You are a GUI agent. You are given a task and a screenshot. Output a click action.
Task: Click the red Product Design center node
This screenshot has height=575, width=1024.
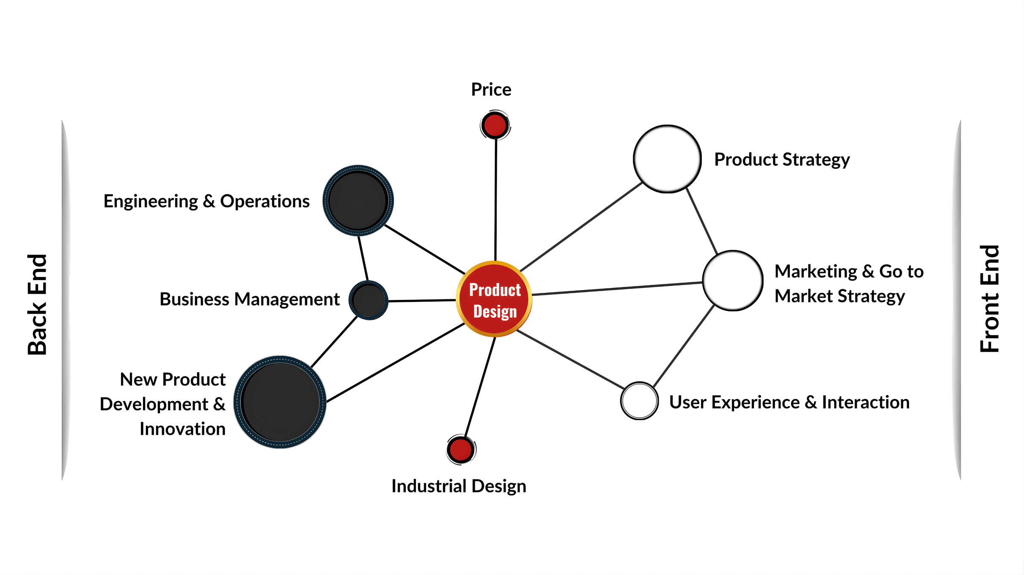[x=494, y=299]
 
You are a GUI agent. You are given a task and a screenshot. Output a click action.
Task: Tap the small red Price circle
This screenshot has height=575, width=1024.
[x=495, y=125]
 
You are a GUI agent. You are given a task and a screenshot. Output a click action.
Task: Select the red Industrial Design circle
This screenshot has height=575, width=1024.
[x=461, y=450]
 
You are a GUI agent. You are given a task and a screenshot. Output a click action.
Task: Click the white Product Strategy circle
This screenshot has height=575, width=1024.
[x=667, y=159]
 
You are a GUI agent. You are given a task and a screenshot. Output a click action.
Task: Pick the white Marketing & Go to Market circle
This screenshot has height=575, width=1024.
[x=733, y=280]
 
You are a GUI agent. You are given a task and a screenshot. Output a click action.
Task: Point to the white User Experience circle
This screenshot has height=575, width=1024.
[x=639, y=401]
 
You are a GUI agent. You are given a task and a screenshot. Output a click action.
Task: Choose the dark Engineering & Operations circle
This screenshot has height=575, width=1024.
[x=358, y=201]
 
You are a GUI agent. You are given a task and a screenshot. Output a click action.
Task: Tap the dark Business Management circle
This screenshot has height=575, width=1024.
[x=369, y=300]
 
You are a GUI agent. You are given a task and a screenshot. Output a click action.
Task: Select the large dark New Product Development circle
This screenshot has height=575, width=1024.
[x=280, y=402]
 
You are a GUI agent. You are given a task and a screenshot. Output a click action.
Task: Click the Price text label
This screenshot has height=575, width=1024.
[x=491, y=90]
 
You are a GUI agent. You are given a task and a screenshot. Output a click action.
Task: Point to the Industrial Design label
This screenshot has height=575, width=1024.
[x=459, y=486]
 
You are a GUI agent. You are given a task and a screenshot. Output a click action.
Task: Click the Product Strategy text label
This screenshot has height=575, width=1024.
[x=782, y=160]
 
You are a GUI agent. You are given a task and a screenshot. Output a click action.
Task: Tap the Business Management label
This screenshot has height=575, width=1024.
[x=250, y=299]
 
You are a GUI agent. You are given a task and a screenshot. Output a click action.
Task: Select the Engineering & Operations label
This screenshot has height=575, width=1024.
[x=207, y=201]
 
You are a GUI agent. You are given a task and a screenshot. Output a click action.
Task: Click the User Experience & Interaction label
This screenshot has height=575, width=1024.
[x=789, y=402]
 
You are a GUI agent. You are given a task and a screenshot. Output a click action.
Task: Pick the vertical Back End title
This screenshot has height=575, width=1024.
[x=38, y=304]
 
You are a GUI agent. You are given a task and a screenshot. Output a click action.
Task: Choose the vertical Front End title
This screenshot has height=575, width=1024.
[x=989, y=298]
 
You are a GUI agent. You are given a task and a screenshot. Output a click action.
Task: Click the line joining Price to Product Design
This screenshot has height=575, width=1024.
[x=496, y=200]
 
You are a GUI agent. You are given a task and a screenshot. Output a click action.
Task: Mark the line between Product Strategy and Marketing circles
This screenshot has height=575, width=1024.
[x=702, y=221]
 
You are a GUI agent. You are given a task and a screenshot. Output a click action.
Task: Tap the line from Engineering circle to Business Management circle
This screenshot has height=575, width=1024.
[x=363, y=258]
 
